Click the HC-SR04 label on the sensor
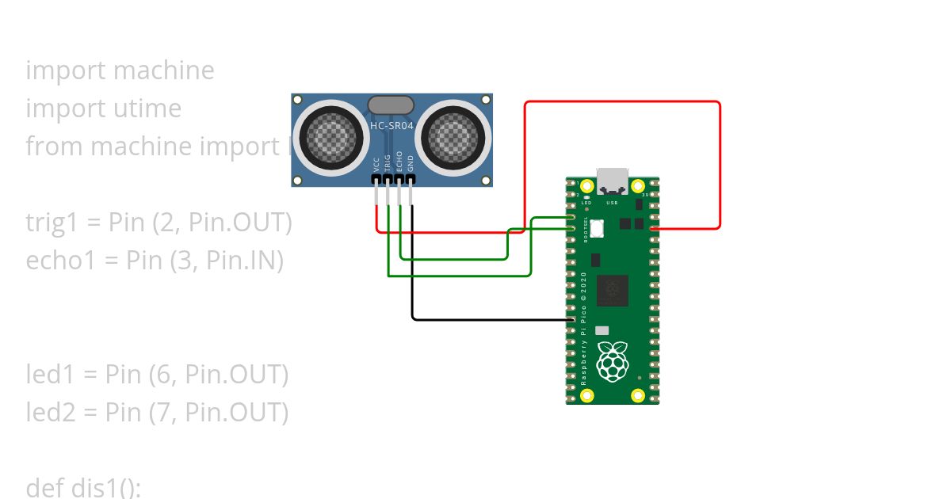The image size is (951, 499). [x=391, y=125]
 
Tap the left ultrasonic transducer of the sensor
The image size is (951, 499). [x=333, y=136]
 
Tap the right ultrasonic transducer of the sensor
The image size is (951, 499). [x=452, y=136]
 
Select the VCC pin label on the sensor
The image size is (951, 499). [x=376, y=164]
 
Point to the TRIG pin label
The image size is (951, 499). [x=388, y=162]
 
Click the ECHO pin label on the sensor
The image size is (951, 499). [x=399, y=162]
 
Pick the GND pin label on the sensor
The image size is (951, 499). [x=411, y=164]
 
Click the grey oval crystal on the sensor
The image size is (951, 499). [x=391, y=105]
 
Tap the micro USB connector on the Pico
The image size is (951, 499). [x=613, y=181]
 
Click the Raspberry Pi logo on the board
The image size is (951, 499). [x=612, y=360]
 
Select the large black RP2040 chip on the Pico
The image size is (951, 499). [x=612, y=291]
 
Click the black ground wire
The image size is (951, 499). [x=491, y=319]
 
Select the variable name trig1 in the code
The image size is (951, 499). [x=52, y=223]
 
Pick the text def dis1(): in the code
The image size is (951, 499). [x=83, y=487]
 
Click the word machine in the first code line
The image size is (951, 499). [x=163, y=70]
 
